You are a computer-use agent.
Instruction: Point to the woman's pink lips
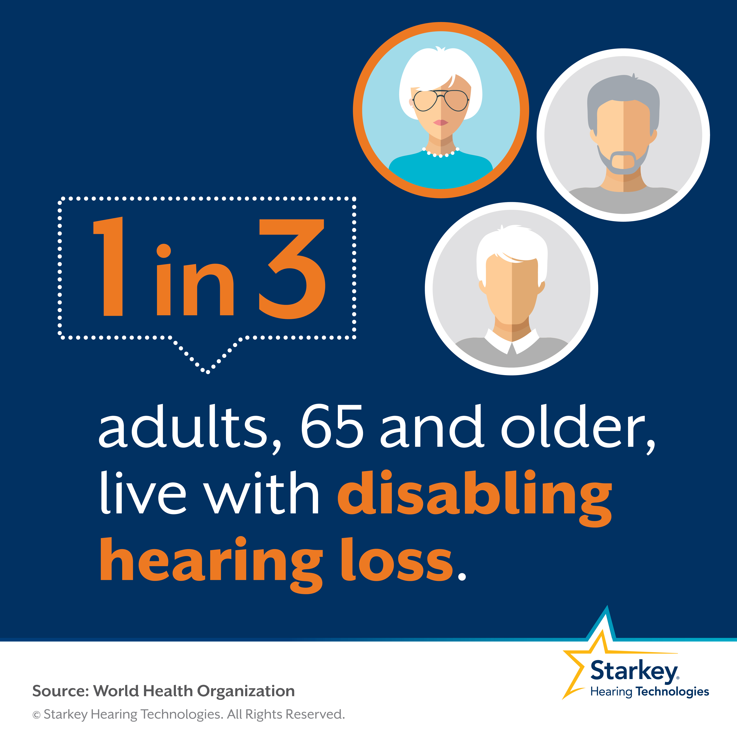click(x=441, y=122)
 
